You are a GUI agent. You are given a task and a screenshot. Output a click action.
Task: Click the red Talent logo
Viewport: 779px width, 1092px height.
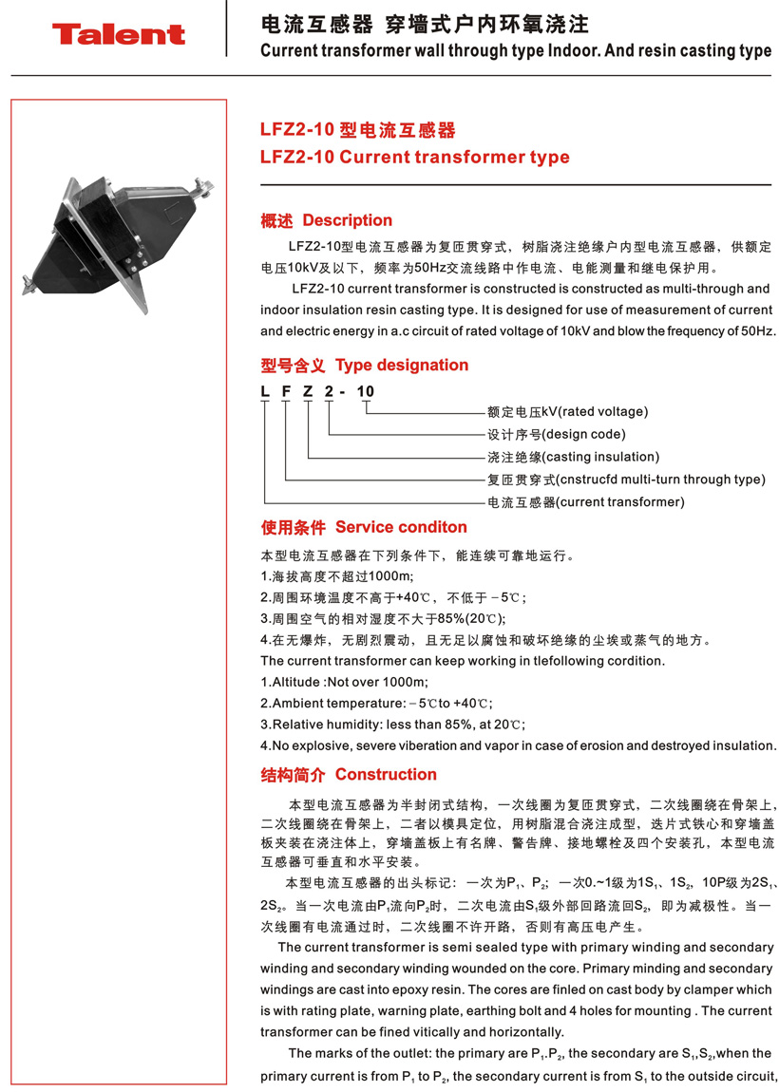[119, 35]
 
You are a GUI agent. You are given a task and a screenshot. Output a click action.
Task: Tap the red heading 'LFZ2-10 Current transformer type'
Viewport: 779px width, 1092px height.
[415, 158]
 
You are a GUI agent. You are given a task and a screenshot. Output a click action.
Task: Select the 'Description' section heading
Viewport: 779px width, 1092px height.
[347, 221]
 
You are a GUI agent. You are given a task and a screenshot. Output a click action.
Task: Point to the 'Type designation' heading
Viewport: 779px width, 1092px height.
[402, 366]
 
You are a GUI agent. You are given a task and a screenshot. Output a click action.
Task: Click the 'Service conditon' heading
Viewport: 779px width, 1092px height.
[401, 528]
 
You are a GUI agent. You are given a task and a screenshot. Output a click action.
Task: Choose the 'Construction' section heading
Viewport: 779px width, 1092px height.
[386, 775]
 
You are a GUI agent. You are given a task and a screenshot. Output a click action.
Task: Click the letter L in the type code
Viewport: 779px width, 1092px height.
[265, 391]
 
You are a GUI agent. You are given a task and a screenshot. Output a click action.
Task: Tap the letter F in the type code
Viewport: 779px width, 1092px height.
[286, 391]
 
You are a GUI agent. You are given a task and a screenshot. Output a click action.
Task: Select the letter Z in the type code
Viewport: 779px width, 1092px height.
[308, 391]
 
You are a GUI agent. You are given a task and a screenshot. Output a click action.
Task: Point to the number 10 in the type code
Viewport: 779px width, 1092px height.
[365, 391]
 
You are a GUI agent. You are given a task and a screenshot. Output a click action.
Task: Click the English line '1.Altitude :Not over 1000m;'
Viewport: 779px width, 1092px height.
[344, 683]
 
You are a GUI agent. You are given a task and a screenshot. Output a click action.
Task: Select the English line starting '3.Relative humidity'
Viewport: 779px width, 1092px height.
[392, 725]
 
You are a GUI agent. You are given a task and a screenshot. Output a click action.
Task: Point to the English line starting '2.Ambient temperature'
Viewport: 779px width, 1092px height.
[377, 704]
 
